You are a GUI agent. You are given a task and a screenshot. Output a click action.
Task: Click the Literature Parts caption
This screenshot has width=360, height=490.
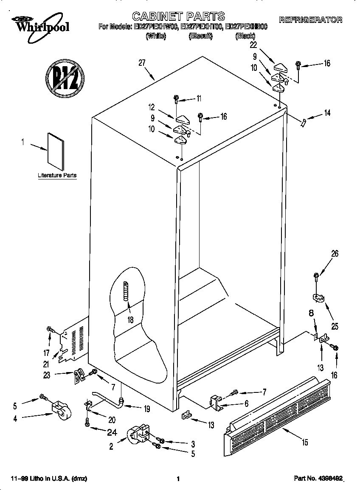57,175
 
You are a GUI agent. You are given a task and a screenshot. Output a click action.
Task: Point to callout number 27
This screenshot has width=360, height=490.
142,63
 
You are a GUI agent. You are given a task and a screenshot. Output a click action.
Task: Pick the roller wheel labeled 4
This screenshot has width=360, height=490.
60,410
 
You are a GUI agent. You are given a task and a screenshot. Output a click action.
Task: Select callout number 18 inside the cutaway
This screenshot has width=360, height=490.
130,320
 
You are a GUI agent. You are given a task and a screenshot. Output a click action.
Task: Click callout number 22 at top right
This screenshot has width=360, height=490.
253,45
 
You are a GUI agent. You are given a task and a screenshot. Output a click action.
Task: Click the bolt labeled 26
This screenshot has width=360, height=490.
316,277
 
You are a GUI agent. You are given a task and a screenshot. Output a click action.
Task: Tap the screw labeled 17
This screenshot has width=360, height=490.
50,329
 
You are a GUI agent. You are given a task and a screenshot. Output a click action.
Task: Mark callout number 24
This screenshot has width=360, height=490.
100,433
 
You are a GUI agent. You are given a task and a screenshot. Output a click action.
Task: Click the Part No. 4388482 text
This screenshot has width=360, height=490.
318,479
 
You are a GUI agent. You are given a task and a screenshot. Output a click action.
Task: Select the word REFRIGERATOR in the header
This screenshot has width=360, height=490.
310,20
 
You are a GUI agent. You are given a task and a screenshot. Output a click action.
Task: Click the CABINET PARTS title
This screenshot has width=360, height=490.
178,17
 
